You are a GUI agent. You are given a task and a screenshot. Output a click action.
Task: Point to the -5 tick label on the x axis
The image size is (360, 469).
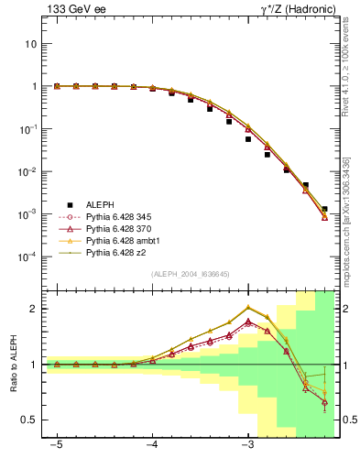(57, 445)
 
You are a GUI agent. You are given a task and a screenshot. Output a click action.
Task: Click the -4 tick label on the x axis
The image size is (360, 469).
(152, 445)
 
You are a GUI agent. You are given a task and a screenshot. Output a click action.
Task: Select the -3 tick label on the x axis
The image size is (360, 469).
(247, 445)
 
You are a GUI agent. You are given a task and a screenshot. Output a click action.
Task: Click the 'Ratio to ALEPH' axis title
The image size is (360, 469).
(14, 364)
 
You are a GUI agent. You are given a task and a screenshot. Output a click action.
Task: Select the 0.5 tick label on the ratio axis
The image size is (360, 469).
(30, 420)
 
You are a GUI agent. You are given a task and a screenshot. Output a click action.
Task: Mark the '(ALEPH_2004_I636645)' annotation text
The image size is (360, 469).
(190, 274)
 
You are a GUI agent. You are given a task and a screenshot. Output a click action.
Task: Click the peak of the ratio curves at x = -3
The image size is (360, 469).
(248, 307)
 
